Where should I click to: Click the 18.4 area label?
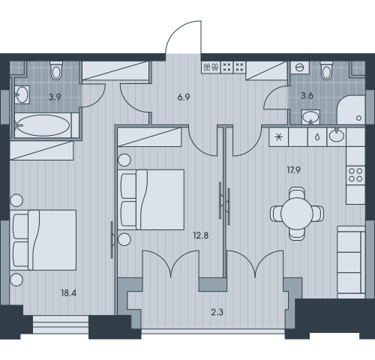point(69,293)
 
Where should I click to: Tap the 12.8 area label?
point(201,235)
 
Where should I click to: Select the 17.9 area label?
point(293,170)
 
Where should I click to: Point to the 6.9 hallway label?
point(184,97)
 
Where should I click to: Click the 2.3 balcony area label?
point(217,312)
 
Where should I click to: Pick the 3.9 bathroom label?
point(55,97)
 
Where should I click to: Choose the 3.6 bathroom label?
point(307,96)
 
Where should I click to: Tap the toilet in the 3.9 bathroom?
point(56,70)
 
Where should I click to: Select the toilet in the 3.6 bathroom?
point(327,70)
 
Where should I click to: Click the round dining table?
point(297,214)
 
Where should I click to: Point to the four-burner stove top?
point(355,175)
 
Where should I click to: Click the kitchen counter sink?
point(337,136)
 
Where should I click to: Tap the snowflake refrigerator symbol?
point(278,137)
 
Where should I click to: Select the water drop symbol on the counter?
point(317,137)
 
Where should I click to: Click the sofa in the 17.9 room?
point(351,262)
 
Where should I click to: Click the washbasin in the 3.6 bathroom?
point(310,117)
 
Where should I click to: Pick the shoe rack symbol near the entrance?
point(211,67)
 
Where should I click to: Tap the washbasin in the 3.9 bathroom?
point(22,94)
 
